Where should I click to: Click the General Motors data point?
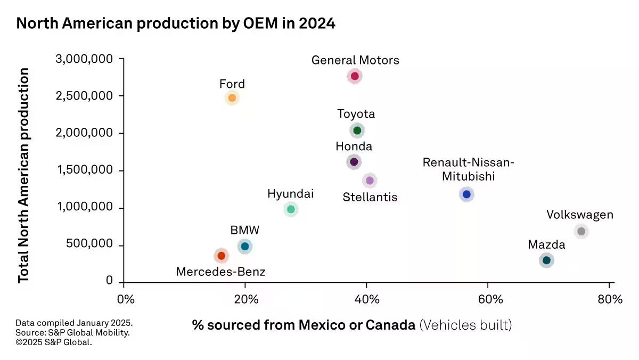click(355, 76)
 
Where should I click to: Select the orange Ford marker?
click(232, 97)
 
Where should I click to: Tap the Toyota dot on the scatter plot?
click(357, 130)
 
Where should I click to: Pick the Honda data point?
click(354, 161)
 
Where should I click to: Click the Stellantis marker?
click(370, 181)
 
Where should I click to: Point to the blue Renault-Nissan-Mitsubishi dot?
click(466, 194)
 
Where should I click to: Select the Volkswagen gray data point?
click(581, 231)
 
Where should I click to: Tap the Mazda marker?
click(546, 260)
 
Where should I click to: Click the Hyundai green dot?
click(291, 209)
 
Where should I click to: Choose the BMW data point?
click(244, 246)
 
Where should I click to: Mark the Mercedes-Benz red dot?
click(222, 256)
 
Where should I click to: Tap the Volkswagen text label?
click(580, 215)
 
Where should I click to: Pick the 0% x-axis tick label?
click(125, 299)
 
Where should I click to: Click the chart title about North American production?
click(176, 23)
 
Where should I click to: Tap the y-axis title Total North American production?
click(23, 176)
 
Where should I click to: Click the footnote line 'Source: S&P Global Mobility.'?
click(72, 333)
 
